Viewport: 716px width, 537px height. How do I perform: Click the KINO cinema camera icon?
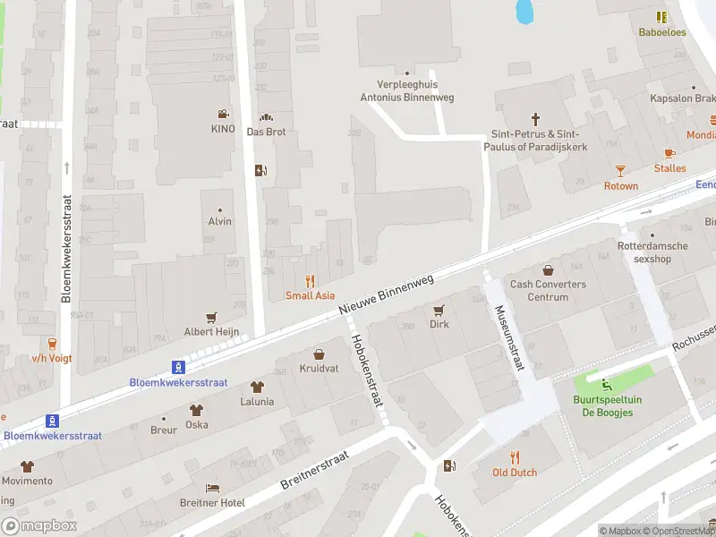[222, 114]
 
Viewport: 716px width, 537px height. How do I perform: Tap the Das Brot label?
[266, 131]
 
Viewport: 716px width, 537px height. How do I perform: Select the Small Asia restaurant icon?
[311, 280]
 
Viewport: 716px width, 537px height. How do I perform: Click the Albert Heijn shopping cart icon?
[212, 317]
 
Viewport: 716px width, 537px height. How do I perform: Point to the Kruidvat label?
[319, 369]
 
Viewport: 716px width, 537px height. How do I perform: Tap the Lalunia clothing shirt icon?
[257, 387]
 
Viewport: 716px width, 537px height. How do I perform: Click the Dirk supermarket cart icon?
[439, 310]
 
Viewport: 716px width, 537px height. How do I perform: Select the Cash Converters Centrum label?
[548, 290]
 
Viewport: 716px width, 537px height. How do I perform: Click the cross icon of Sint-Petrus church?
[536, 118]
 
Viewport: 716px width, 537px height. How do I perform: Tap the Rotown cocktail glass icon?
[621, 170]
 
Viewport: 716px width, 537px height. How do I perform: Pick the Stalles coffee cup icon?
[669, 153]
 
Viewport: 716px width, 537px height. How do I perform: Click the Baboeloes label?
[661, 32]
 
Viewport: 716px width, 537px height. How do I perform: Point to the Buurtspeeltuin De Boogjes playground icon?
[608, 386]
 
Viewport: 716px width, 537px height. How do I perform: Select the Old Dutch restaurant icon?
[515, 456]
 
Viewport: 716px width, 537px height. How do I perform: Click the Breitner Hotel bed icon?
[211, 488]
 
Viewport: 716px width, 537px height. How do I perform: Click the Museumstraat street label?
[508, 336]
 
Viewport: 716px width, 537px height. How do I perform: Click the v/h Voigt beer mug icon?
[52, 343]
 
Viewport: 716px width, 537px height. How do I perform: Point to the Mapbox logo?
[39, 525]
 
